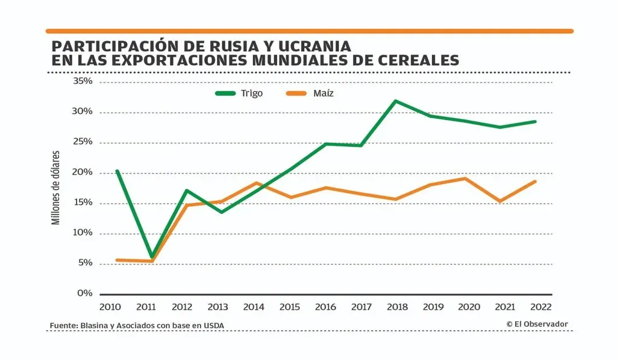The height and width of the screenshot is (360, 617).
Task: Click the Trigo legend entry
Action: (x=239, y=93)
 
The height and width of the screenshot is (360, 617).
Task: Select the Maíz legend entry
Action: (x=310, y=93)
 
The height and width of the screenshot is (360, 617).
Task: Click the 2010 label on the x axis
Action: (x=110, y=307)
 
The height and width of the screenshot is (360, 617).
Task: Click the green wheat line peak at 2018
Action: (x=395, y=101)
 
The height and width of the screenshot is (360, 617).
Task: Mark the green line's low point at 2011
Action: (x=152, y=257)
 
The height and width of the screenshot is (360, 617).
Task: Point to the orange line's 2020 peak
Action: (x=465, y=178)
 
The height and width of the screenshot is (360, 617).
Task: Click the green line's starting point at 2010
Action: (x=116, y=171)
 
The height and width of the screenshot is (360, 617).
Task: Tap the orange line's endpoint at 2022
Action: (x=535, y=182)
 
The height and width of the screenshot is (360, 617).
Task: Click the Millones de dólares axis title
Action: (x=55, y=187)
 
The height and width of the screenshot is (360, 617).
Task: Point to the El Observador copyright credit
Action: (x=537, y=324)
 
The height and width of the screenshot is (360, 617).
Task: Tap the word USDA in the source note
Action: (x=220, y=326)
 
